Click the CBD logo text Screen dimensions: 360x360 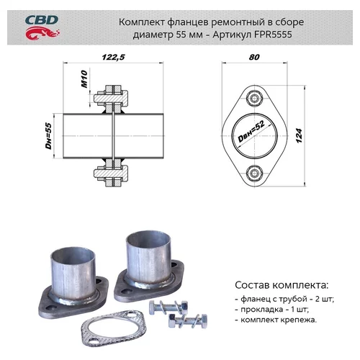[x=42, y=20]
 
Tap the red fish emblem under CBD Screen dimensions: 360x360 [x=42, y=33]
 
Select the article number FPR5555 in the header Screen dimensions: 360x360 [x=273, y=35]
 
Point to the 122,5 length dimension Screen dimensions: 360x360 [x=113, y=57]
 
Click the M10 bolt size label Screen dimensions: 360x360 [x=84, y=79]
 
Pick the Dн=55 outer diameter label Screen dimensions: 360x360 [x=49, y=136]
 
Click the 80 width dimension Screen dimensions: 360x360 [x=254, y=57]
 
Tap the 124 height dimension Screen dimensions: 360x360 [x=299, y=136]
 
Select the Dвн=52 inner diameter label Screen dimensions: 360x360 [x=251, y=131]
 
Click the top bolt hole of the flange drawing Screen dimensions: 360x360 [x=254, y=98]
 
